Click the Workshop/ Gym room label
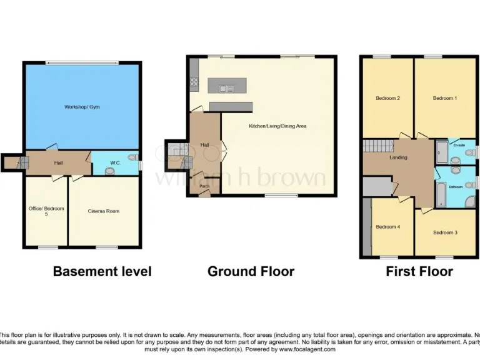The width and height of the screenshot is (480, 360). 82,107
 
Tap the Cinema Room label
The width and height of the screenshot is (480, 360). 103,211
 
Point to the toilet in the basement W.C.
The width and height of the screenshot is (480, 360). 131,157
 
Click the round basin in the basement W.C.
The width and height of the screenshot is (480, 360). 110,171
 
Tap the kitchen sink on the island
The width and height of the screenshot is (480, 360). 226,88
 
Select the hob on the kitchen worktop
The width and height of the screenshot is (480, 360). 194,82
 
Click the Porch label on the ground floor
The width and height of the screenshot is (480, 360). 204,186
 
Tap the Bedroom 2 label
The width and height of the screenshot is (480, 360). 387,98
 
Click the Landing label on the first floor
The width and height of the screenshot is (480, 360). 398,157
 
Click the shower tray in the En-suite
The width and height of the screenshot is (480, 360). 441,152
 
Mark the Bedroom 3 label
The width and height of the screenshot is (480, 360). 445,232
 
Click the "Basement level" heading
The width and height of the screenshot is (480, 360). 102,271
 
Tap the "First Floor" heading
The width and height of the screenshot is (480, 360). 419,271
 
